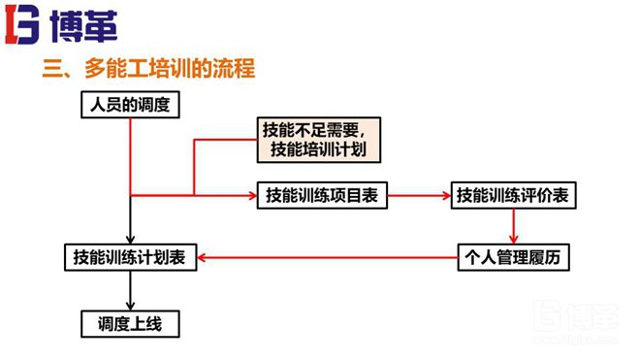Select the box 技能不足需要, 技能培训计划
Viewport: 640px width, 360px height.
click(317, 140)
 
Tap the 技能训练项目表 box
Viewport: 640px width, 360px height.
click(321, 195)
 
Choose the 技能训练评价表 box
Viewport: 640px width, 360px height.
click(512, 195)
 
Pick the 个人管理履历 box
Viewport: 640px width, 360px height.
click(514, 257)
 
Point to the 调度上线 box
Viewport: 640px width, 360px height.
click(130, 323)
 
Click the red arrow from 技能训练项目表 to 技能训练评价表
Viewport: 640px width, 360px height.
click(418, 195)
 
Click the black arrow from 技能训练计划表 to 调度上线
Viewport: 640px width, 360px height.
click(130, 289)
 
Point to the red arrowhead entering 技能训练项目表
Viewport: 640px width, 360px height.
click(249, 195)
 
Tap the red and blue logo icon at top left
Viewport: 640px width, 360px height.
click(21, 25)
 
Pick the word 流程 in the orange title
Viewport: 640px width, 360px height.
click(237, 70)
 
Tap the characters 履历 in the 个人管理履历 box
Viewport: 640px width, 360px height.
click(549, 257)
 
